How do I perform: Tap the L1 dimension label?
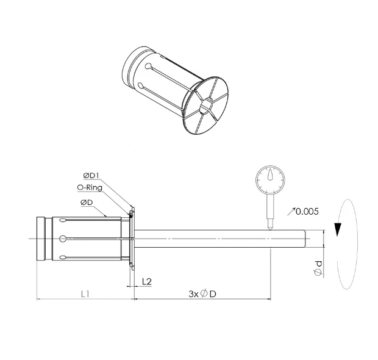click(85, 293)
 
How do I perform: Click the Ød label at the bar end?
click(318, 267)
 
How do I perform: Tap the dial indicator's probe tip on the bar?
click(268, 227)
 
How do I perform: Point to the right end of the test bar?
click(303, 237)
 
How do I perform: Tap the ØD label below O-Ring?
click(86, 202)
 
